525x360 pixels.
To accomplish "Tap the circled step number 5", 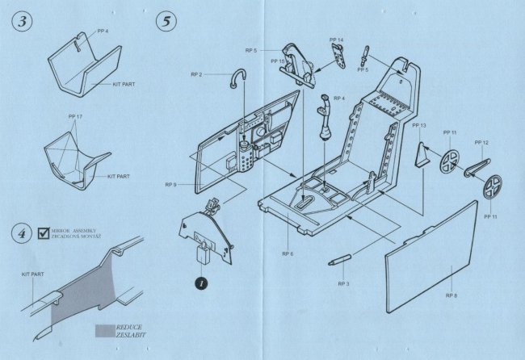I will (166, 23).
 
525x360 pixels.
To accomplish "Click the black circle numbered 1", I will (198, 283).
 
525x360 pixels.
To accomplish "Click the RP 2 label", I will (196, 75).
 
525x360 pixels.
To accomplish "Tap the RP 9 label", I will (170, 185).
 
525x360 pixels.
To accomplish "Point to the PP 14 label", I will (336, 40).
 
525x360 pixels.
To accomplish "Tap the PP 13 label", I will (418, 126).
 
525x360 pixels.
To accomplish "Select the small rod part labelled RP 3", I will (340, 261).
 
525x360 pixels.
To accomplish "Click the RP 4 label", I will (338, 98).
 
